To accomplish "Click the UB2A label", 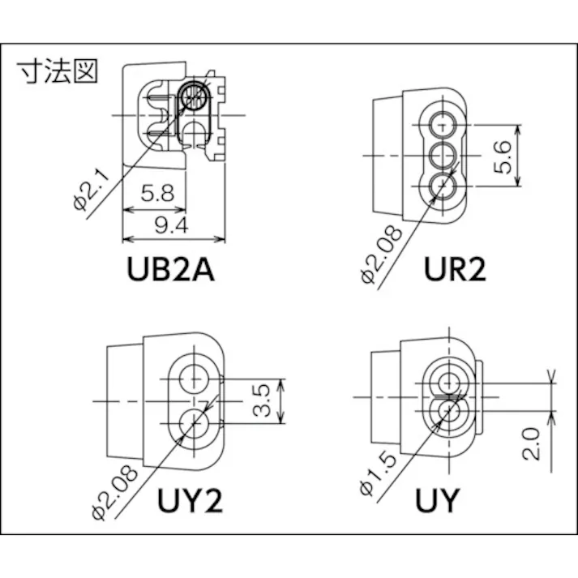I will pyautogui.click(x=170, y=268).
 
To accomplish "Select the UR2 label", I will pyautogui.click(x=455, y=268).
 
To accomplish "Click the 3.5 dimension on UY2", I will pyautogui.click(x=261, y=400).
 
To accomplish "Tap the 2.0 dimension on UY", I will pyautogui.click(x=532, y=444).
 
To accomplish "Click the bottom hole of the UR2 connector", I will pyautogui.click(x=442, y=183).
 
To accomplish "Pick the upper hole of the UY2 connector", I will pyautogui.click(x=195, y=377).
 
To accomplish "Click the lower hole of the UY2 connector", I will pyautogui.click(x=195, y=421).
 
